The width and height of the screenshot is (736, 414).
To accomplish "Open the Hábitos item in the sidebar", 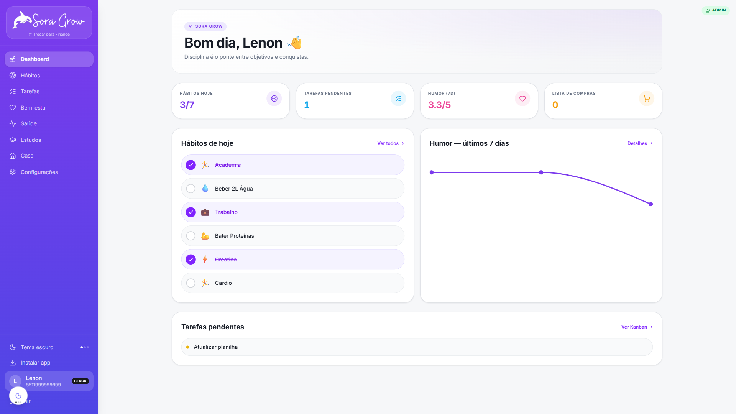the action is pos(30,76).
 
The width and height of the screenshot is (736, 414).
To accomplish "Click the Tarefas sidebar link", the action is pos(30,91).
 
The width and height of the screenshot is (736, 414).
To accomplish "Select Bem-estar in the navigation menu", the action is pos(34,108).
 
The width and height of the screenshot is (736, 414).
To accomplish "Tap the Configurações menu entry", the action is pos(39,172).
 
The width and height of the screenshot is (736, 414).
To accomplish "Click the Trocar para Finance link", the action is pos(49,34).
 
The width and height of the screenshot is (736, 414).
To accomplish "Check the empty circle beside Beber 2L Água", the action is pos(191,189).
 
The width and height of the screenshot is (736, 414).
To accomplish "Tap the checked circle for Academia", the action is pos(191,165).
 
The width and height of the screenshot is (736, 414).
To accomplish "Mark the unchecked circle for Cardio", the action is pos(191,283).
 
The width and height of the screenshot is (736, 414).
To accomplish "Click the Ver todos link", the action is pos(391,143).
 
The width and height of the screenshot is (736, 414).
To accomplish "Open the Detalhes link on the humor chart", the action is pos(640,143).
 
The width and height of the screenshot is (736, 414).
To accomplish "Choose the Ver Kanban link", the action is pos(637,327).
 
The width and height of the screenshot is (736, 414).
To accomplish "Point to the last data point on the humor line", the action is pos(651,204).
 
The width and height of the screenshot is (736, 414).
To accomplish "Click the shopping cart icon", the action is pos(647,99).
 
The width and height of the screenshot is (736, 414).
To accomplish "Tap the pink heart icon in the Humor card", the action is pos(522,99).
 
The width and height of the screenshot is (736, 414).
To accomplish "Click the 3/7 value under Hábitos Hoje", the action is pos(187,105).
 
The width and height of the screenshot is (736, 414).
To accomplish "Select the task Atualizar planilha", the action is pos(215,347).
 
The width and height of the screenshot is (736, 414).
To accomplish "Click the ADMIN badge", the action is pos(716,10).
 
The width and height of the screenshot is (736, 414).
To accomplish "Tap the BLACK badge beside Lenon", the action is pos(80,381).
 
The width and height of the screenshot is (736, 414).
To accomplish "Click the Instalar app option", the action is pos(35,363).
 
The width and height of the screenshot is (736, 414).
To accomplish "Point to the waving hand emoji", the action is pos(295,43).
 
